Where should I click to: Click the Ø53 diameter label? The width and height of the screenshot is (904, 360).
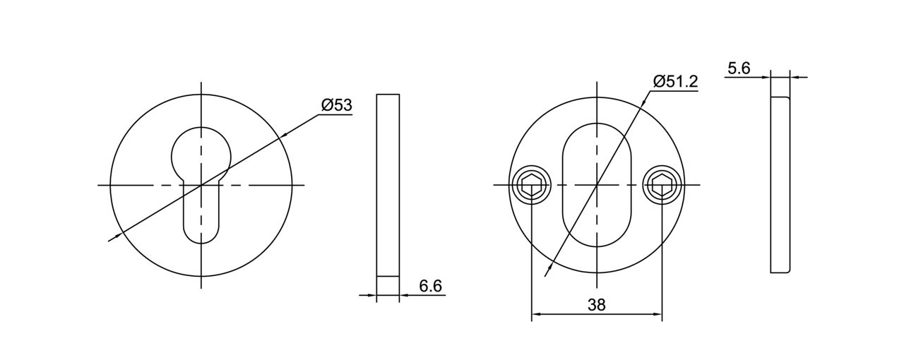point(336,105)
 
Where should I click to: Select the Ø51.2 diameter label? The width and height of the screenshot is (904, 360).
point(675,81)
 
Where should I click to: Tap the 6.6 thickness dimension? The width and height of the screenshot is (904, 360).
point(430,286)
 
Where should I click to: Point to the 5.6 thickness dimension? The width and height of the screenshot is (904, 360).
point(739,68)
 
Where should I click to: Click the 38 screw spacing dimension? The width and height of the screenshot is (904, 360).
point(596,304)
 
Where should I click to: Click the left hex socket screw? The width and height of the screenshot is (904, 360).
point(531,186)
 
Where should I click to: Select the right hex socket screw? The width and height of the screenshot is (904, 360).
point(662,186)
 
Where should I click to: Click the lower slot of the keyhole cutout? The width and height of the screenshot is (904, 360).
point(201,219)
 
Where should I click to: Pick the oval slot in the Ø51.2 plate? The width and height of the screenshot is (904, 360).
point(597,185)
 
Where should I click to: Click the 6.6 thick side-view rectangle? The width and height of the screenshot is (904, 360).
point(388,185)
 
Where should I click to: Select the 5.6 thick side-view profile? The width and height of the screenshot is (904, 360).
point(780,185)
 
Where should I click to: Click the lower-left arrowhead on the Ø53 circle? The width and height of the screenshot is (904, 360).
point(119,236)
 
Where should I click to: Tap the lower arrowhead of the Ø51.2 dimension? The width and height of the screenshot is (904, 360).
point(548,269)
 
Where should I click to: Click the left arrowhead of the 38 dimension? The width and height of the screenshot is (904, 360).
point(535,313)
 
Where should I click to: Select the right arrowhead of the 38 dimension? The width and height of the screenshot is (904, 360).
point(658,313)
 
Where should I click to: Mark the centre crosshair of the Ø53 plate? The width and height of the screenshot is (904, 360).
point(201,185)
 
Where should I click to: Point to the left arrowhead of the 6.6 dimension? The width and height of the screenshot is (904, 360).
point(372,295)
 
